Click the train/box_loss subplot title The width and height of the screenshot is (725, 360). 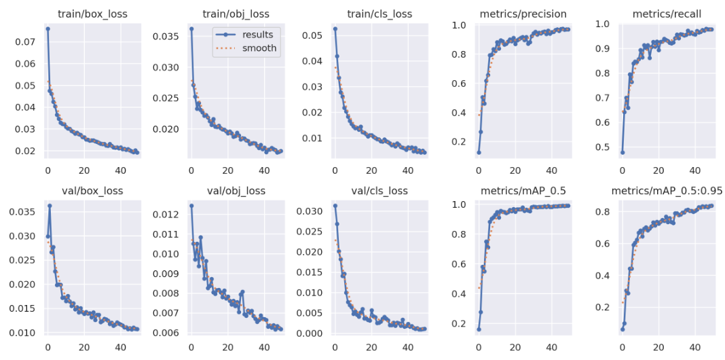(90, 14)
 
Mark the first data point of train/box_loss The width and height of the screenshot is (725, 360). (48, 29)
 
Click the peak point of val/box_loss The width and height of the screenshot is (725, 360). (50, 206)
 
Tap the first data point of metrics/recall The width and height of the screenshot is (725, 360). (622, 152)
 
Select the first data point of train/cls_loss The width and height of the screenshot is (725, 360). (335, 29)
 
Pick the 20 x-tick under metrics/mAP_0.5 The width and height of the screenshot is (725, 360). (515, 346)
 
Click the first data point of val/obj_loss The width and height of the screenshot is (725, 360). (191, 205)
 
